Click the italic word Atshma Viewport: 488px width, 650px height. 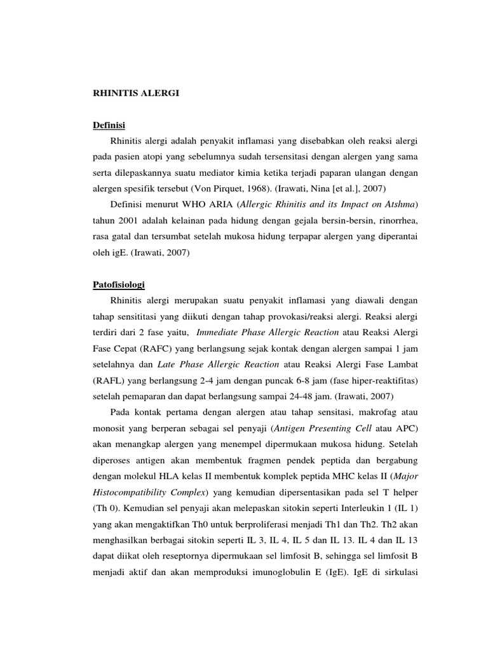click(x=400, y=205)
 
